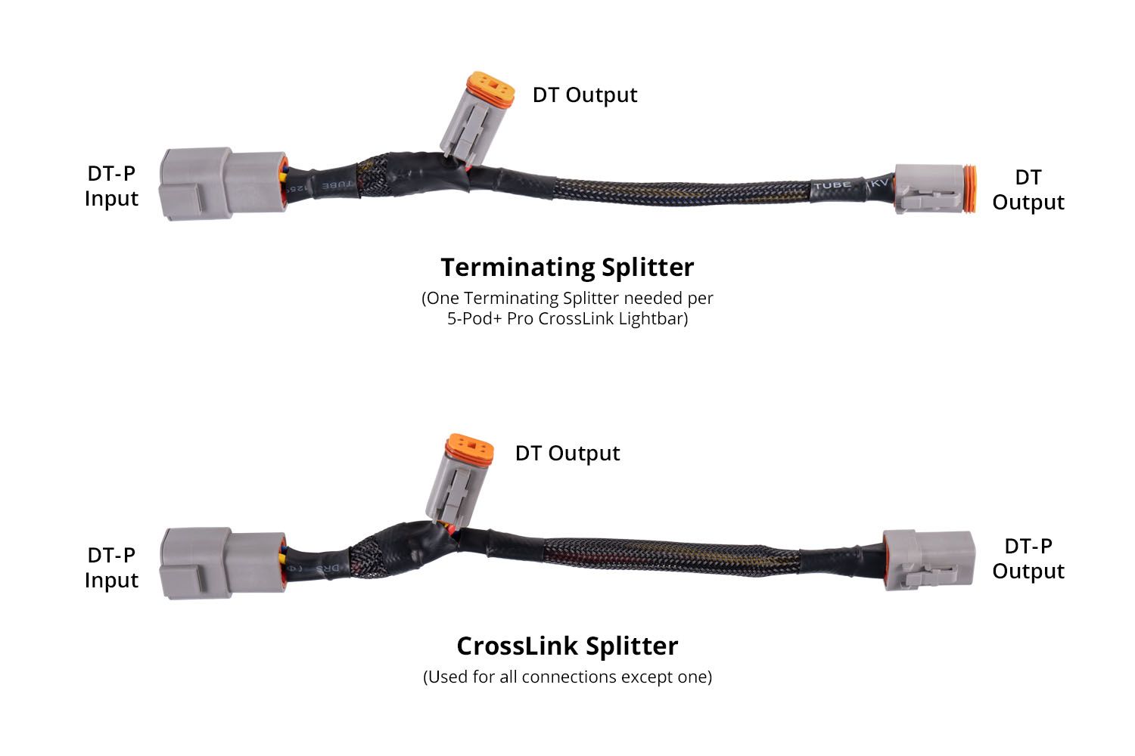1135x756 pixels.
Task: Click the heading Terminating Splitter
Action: [x=567, y=268]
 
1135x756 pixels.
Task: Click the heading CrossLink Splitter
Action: [x=567, y=646]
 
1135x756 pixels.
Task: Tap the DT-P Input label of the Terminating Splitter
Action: [x=111, y=186]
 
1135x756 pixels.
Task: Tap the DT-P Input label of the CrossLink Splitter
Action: [x=111, y=568]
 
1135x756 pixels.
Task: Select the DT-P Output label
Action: [x=1028, y=559]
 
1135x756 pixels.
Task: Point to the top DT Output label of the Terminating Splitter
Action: [x=584, y=95]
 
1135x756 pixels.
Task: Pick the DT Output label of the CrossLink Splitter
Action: [x=567, y=454]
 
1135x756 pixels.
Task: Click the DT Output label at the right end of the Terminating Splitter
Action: [x=1028, y=190]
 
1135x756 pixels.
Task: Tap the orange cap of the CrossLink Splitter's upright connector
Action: [x=470, y=448]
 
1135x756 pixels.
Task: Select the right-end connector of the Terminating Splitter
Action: [x=932, y=187]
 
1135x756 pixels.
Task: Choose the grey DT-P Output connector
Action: [x=927, y=559]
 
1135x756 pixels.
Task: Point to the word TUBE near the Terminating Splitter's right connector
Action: [x=832, y=184]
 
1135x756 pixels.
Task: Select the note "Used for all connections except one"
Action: [x=567, y=677]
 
